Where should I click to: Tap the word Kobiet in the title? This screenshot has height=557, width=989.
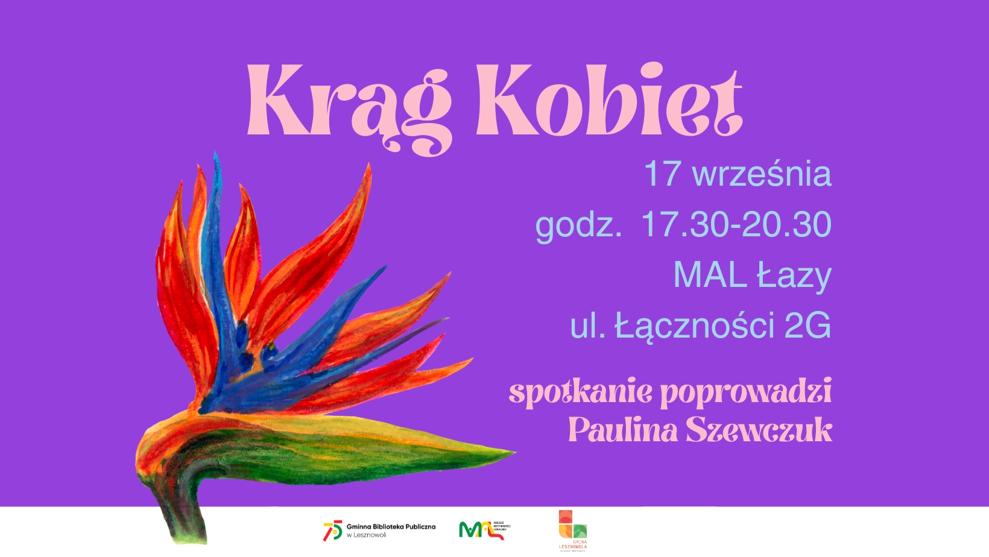click(x=608, y=101)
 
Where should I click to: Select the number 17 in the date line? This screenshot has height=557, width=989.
click(x=663, y=174)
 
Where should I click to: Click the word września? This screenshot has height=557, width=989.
click(x=762, y=174)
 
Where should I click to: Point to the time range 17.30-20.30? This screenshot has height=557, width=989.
click(x=736, y=224)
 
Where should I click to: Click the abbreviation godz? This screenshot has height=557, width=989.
click(x=578, y=225)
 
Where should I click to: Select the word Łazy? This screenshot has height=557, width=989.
click(x=794, y=276)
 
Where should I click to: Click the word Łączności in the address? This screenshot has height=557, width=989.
click(x=694, y=326)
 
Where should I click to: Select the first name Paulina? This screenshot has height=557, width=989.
click(x=622, y=430)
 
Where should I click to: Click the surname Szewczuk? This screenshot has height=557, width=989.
click(x=759, y=430)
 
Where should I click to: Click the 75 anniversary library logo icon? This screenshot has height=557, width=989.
click(x=332, y=530)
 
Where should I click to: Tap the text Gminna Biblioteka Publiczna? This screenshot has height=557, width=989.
click(x=391, y=527)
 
